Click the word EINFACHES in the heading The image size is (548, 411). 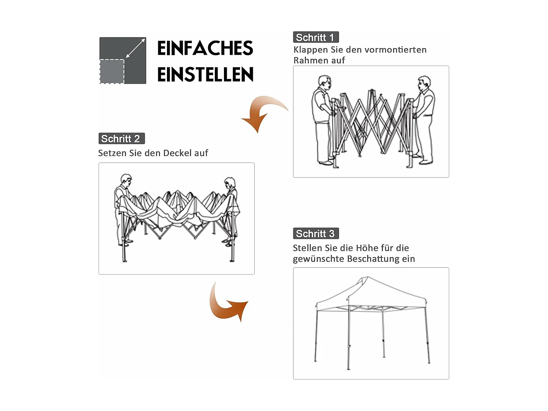click(205, 49)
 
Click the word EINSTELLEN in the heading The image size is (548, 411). click(205, 75)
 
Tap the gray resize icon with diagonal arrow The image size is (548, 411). click(123, 60)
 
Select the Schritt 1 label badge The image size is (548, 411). click(316, 37)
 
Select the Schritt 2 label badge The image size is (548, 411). click(121, 138)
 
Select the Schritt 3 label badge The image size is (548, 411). click(316, 233)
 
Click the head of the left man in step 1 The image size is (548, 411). click(324, 82)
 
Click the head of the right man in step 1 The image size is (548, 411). click(424, 83)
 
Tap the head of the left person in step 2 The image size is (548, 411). click(126, 180)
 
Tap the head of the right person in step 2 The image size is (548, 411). click(230, 183)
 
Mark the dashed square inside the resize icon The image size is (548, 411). click(112, 72)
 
